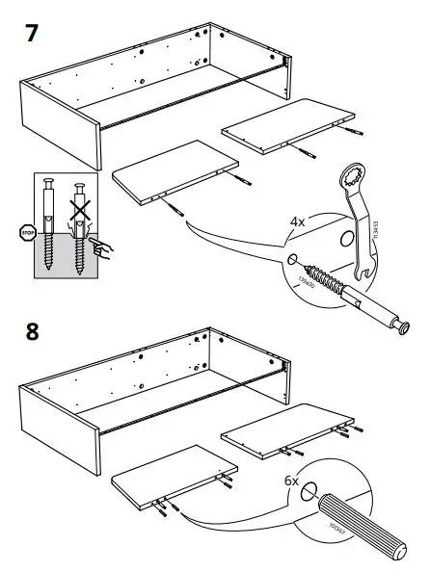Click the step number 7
click(x=32, y=33)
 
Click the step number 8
click(x=31, y=331)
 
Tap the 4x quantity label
click(x=298, y=221)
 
